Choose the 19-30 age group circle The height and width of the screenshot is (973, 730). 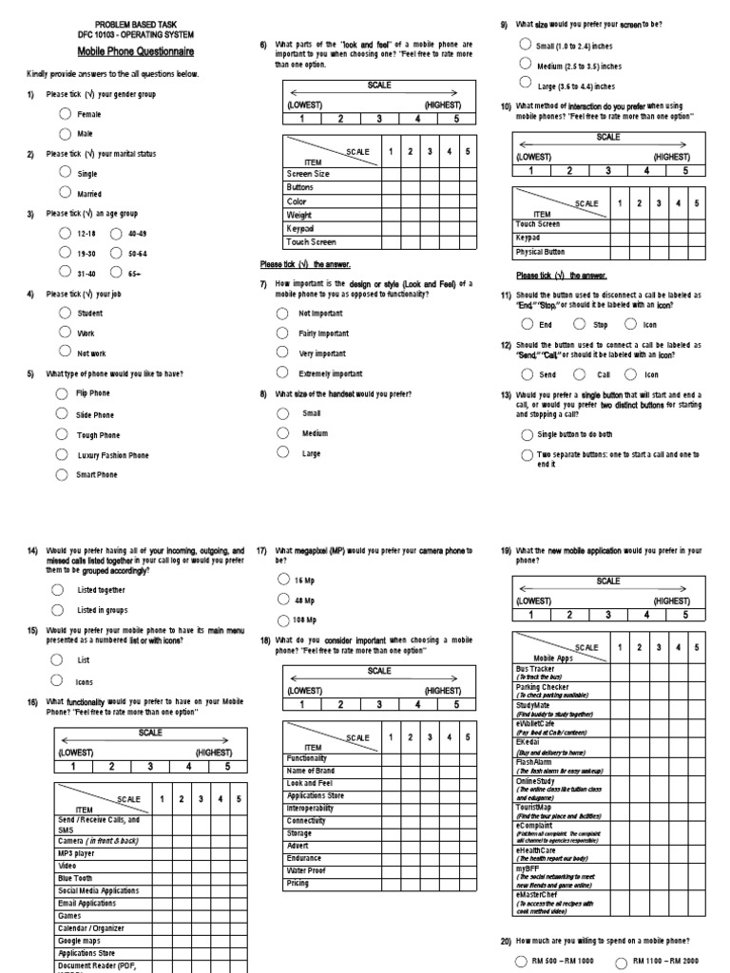[x=64, y=253]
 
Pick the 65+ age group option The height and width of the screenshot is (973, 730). [x=116, y=273]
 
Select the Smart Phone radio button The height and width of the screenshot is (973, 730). [x=63, y=473]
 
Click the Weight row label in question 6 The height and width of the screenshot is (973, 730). [x=299, y=216]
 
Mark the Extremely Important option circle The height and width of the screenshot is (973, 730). [x=282, y=372]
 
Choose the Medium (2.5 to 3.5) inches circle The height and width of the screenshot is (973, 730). [x=526, y=63]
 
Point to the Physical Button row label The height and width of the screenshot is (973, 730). [x=540, y=252]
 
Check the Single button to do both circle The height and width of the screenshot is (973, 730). [x=527, y=433]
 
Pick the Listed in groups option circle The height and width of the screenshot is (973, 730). [x=58, y=609]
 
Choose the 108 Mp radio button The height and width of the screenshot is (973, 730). [x=282, y=620]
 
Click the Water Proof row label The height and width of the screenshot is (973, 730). [x=306, y=869]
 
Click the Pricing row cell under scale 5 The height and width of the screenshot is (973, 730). [x=466, y=883]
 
